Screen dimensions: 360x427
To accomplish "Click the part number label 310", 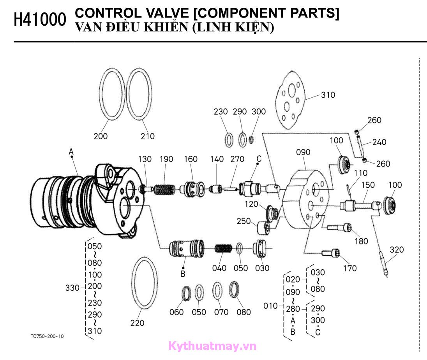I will [x=328, y=95].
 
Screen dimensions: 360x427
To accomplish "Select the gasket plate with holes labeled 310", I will [x=289, y=101].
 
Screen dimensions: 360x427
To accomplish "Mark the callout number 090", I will [x=303, y=152].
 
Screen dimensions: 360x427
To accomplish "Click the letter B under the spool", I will [x=183, y=274].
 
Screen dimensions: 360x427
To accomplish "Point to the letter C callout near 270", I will [x=259, y=159].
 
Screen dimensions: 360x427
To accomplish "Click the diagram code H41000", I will [x=40, y=20].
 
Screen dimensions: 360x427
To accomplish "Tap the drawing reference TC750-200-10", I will [x=47, y=336].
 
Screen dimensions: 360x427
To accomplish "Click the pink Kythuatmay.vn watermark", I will [x=213, y=346].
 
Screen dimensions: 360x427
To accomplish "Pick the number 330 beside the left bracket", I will [x=72, y=288].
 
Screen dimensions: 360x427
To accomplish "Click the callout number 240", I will [x=379, y=142].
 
